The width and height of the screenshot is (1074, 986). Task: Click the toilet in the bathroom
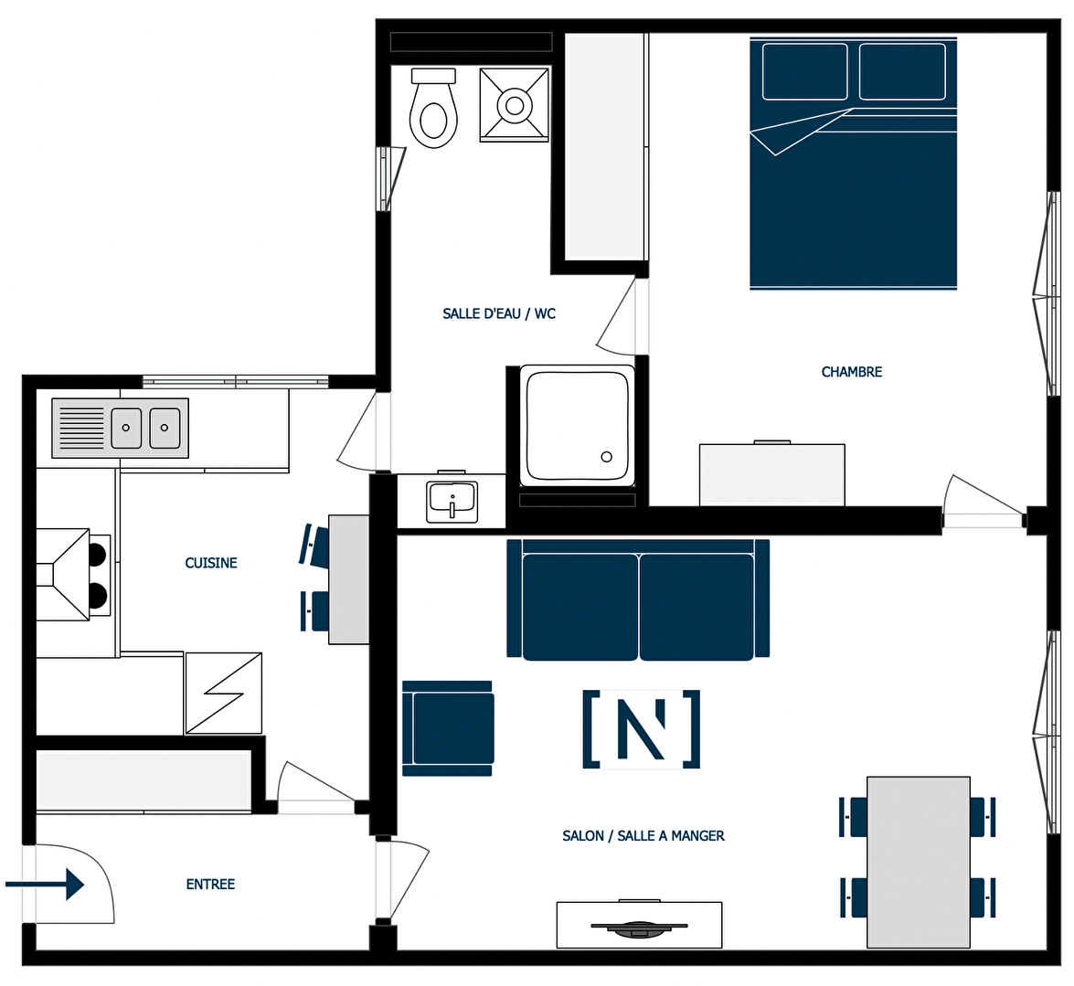[x=433, y=108]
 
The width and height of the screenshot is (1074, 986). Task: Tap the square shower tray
[x=577, y=425]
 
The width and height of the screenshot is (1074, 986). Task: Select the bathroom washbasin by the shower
[x=452, y=501]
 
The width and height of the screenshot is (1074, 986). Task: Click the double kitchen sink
[x=121, y=428]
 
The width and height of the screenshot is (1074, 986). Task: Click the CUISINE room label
[x=211, y=563]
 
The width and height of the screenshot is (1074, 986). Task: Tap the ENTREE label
[x=210, y=884]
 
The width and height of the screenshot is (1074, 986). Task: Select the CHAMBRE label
[x=851, y=372]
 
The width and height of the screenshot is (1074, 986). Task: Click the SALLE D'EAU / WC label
[x=499, y=313]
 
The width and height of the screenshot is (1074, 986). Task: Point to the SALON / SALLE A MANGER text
[x=643, y=835]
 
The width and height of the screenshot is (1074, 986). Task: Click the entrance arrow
[x=45, y=884]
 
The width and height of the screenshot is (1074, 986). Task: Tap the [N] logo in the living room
[x=642, y=728]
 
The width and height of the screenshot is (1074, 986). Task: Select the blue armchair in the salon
[x=448, y=728]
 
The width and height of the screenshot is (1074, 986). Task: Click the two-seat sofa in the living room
[x=638, y=599]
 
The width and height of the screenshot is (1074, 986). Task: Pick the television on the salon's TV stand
[x=639, y=928]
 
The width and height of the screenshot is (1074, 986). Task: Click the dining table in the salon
[x=919, y=862]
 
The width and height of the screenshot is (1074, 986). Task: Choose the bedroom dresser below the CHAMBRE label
[x=772, y=474]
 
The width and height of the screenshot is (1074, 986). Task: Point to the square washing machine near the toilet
[x=515, y=105]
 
